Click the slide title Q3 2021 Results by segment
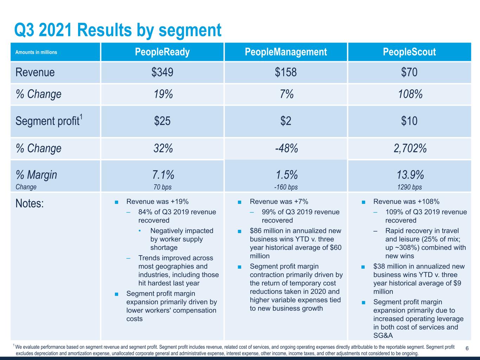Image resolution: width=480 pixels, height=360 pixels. point(118,30)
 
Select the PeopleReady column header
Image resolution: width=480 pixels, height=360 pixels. point(162,52)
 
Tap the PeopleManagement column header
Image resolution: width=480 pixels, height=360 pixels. point(286,52)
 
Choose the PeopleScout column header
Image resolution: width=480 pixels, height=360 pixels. point(409,52)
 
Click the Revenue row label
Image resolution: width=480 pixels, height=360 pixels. point(35,72)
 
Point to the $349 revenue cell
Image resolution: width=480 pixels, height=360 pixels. point(162,72)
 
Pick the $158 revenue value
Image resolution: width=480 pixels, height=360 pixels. point(286,72)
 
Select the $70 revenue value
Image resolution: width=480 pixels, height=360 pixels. point(409,72)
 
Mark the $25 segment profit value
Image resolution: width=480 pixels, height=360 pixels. point(162,121)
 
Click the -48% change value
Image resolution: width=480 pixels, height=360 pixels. point(286,148)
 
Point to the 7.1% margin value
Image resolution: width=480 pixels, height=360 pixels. point(163,174)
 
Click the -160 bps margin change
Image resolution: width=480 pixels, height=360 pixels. point(286,187)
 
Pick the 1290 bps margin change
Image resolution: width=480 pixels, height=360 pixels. point(410,187)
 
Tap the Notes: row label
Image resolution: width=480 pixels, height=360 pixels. point(30,203)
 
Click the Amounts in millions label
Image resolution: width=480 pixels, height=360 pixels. point(36,52)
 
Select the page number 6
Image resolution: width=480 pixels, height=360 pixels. point(467,348)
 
